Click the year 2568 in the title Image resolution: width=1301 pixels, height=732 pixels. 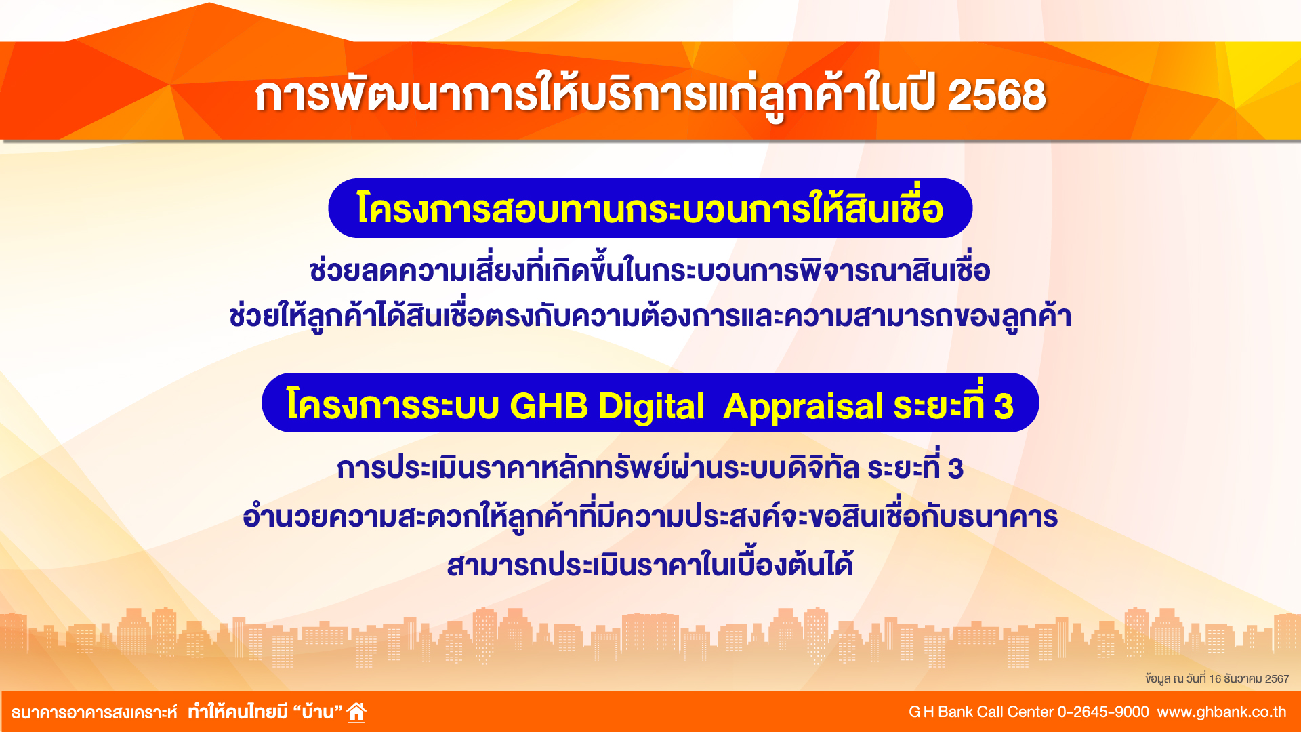coord(997,94)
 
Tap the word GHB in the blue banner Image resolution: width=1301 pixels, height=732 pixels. coord(549,406)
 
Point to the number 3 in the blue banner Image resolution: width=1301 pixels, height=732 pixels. coord(1004,407)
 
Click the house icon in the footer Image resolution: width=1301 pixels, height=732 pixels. coord(356,712)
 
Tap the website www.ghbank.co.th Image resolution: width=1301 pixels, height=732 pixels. coord(1222,712)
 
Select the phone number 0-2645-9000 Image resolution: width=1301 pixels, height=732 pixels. coord(1103,712)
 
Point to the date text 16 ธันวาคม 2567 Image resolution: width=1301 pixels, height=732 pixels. coord(1249,678)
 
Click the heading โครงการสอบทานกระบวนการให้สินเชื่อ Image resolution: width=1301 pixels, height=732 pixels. coord(650,208)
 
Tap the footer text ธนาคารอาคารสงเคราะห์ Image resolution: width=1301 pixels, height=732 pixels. coord(94,712)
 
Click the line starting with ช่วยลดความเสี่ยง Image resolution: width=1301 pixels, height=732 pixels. coord(650,270)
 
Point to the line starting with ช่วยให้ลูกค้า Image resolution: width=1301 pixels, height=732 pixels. coord(650,316)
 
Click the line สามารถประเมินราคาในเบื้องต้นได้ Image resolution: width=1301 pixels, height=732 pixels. coord(650,563)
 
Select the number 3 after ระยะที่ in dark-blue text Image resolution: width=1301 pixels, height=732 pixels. coord(955,469)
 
